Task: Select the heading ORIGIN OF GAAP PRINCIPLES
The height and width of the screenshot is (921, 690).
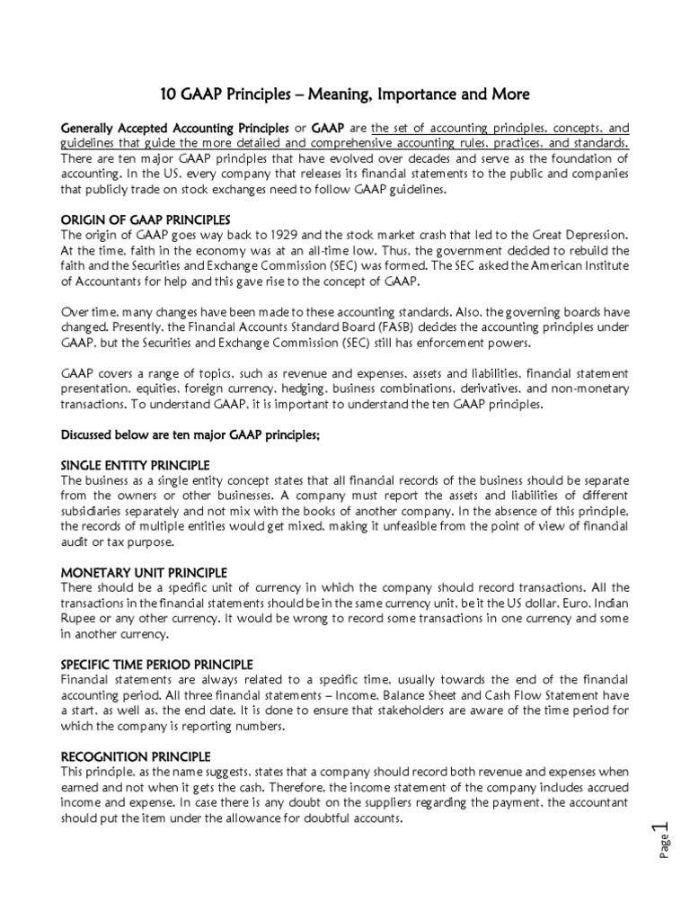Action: click(x=145, y=220)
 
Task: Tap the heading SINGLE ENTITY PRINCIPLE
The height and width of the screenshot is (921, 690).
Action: click(x=135, y=465)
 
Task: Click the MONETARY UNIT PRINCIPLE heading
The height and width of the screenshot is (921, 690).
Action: click(x=144, y=573)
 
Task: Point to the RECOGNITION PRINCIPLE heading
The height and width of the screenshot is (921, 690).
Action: click(x=136, y=756)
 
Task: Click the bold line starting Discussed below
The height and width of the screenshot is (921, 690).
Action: click(x=190, y=434)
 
